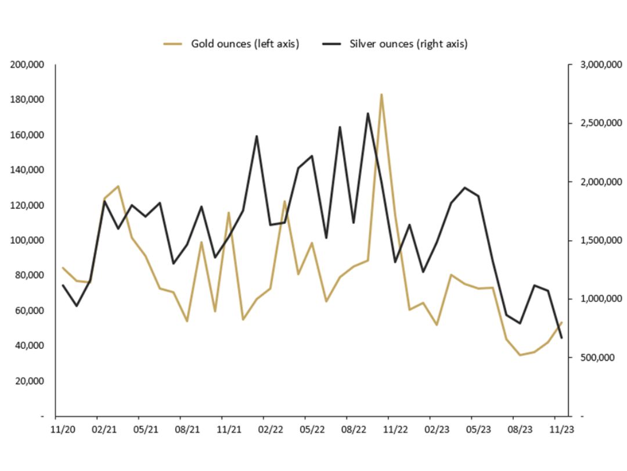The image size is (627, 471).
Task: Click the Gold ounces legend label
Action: pos(245,44)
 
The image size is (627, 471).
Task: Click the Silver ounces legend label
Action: pos(408,44)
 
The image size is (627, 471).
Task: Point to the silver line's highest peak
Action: pos(367,113)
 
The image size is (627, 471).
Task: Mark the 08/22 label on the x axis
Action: pos(354,430)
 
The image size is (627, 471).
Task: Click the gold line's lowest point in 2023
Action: pos(520,355)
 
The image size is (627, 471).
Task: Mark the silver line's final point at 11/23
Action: pos(561,338)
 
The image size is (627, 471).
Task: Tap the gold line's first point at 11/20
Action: pos(63,268)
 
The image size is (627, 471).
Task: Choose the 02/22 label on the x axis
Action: pos(271,430)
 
